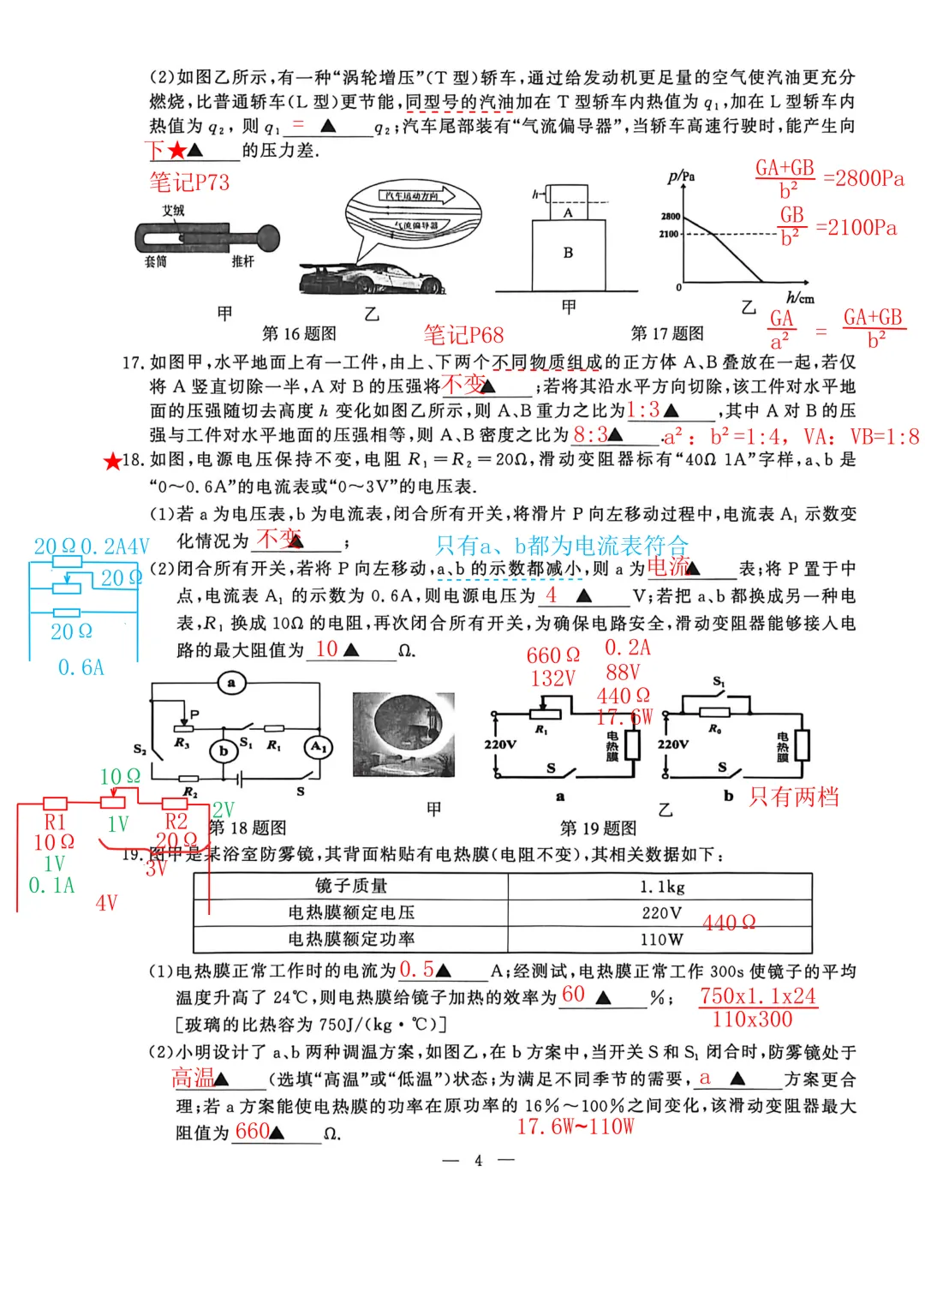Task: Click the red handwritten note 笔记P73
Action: pyautogui.click(x=189, y=182)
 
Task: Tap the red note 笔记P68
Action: pyautogui.click(x=463, y=335)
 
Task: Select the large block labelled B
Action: pyautogui.click(x=569, y=254)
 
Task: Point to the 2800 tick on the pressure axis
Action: pyautogui.click(x=671, y=216)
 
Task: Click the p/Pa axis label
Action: pyautogui.click(x=681, y=176)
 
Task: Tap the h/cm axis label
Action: pyautogui.click(x=800, y=297)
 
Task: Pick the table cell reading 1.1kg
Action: pyautogui.click(x=661, y=887)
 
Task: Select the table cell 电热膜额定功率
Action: pyautogui.click(x=351, y=939)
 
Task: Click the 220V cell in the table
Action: pyautogui.click(x=661, y=913)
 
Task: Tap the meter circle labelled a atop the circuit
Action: pyautogui.click(x=231, y=683)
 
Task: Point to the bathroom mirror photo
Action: pyautogui.click(x=403, y=736)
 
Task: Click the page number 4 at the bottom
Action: pyautogui.click(x=478, y=1161)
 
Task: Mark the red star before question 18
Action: pyautogui.click(x=112, y=462)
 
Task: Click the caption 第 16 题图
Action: pyautogui.click(x=299, y=333)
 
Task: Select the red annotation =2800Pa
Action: pyautogui.click(x=863, y=178)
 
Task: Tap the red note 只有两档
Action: pyautogui.click(x=793, y=798)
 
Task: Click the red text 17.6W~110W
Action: pyautogui.click(x=576, y=1127)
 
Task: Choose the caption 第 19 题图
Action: pyautogui.click(x=598, y=828)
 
